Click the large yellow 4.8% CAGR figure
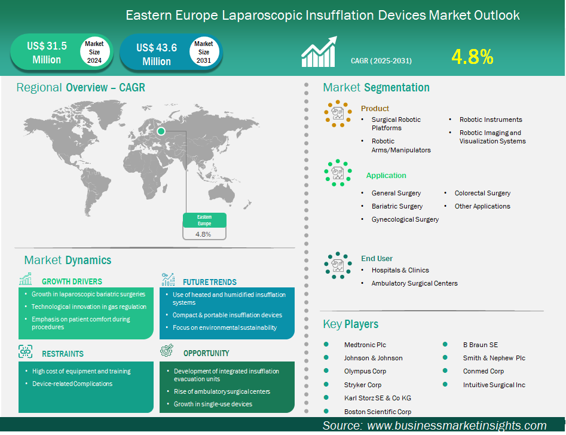click(472, 57)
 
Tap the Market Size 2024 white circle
click(94, 52)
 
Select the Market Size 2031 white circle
click(203, 52)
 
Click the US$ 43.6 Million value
click(157, 54)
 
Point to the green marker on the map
click(161, 130)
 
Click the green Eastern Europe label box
click(204, 220)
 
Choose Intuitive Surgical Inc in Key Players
click(494, 385)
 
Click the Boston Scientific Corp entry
click(377, 411)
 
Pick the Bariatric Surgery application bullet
click(397, 206)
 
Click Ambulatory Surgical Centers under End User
click(414, 283)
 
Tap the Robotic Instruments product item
click(491, 120)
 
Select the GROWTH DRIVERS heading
click(72, 281)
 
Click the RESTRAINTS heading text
click(63, 354)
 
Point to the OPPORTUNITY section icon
click(167, 350)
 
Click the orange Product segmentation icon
click(338, 112)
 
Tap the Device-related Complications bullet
click(72, 384)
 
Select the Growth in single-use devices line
click(213, 404)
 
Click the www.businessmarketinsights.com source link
click(457, 425)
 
